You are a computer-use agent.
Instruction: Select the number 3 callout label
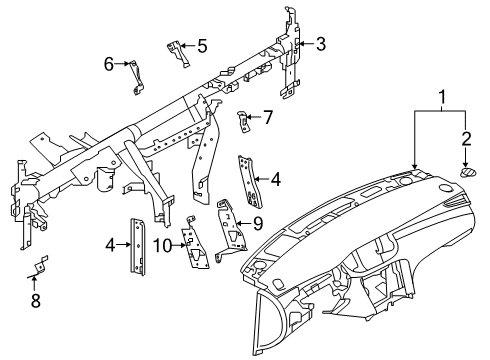(321, 43)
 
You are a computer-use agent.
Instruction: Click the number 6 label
(109, 64)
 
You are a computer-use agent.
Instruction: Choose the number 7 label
(267, 117)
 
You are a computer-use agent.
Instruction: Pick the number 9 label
(257, 222)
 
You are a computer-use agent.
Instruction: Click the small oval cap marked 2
(466, 173)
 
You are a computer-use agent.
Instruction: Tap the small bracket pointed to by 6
(131, 76)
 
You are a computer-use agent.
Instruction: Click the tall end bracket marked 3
(293, 60)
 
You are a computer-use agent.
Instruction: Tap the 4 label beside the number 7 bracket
(275, 179)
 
